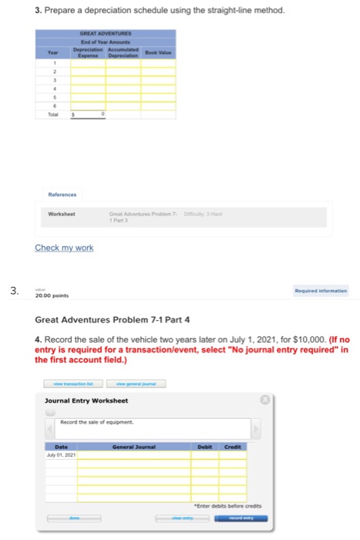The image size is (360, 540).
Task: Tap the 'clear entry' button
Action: pyautogui.click(x=182, y=518)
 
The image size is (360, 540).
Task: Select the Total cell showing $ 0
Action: pyautogui.click(x=89, y=113)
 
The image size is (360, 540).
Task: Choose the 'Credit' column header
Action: pyautogui.click(x=233, y=447)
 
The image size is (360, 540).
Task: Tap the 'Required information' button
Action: pyautogui.click(x=319, y=292)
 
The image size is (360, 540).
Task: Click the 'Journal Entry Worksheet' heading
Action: pyautogui.click(x=86, y=400)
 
